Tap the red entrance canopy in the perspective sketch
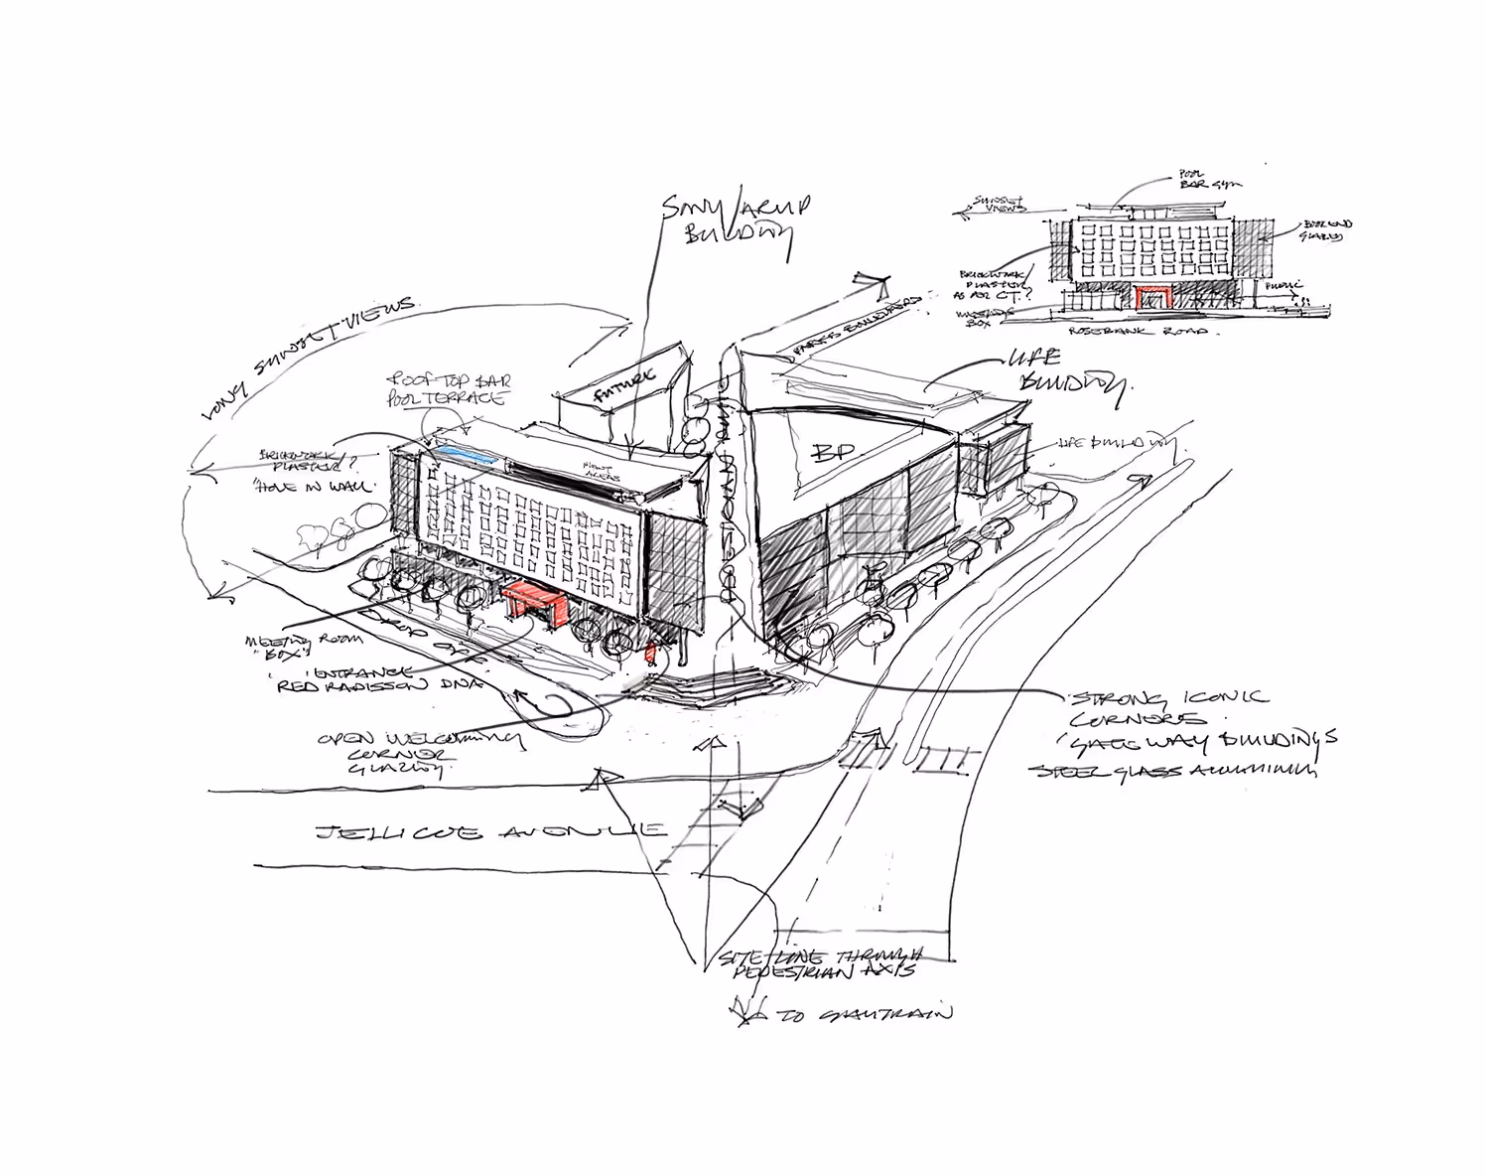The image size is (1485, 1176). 536,602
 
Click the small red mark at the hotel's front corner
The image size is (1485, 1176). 652,652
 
